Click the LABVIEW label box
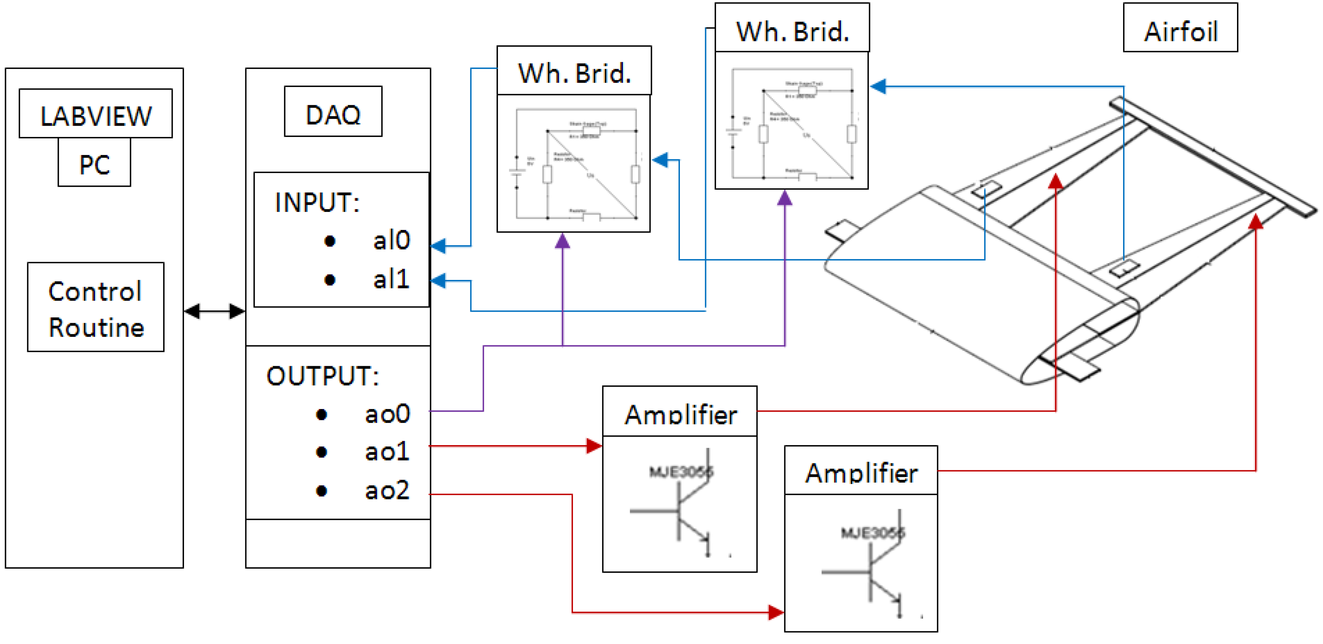pyautogui.click(x=96, y=114)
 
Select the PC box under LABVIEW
pyautogui.click(x=94, y=163)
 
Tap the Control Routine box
pyautogui.click(x=96, y=307)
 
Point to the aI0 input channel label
pyautogui.click(x=391, y=240)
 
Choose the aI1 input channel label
pyautogui.click(x=391, y=280)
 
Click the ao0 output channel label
pyautogui.click(x=387, y=414)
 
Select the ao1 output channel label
pyautogui.click(x=387, y=452)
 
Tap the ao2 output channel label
pyautogui.click(x=387, y=490)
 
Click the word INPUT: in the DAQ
pyautogui.click(x=317, y=202)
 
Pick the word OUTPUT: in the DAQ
pyautogui.click(x=322, y=376)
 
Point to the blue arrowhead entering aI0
pyautogui.click(x=438, y=246)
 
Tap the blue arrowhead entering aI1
pyautogui.click(x=438, y=280)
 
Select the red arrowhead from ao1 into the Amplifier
pyautogui.click(x=594, y=446)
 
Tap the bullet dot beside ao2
pyautogui.click(x=321, y=491)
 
